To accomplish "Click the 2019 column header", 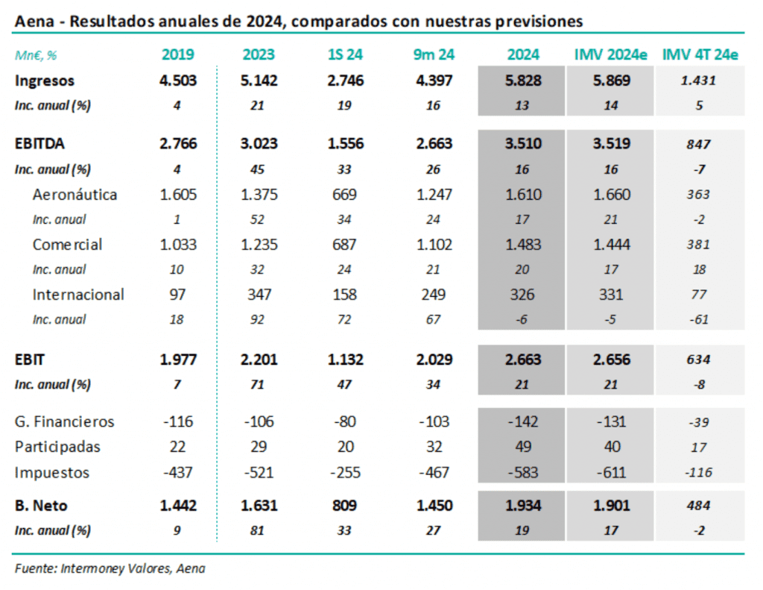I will pyautogui.click(x=178, y=54).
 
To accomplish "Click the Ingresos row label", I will pyautogui.click(x=45, y=81).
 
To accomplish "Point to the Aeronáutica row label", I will pyautogui.click(x=75, y=195).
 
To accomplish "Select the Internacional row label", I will pyautogui.click(x=78, y=295).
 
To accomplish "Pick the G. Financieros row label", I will pyautogui.click(x=65, y=422).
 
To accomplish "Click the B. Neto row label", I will pyautogui.click(x=42, y=506).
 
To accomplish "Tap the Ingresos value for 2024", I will pyautogui.click(x=522, y=81).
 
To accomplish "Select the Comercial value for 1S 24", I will pyautogui.click(x=346, y=245).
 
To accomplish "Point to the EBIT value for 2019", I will pyautogui.click(x=178, y=360).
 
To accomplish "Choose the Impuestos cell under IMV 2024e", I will pyautogui.click(x=612, y=473).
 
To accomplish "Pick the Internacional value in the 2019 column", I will pyautogui.click(x=178, y=295).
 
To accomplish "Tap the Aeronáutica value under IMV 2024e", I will pyautogui.click(x=612, y=195).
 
